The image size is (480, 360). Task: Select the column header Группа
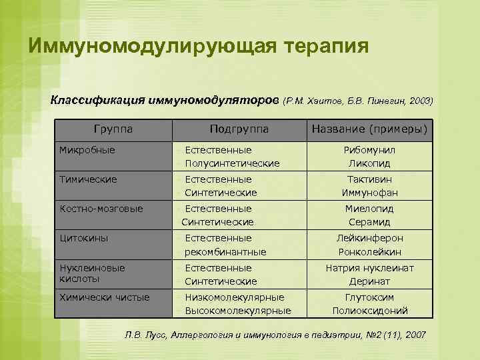[113, 129]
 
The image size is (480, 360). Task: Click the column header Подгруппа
[239, 129]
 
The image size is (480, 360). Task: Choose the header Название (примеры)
[369, 129]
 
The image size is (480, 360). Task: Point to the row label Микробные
[87, 150]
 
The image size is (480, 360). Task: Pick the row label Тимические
[88, 179]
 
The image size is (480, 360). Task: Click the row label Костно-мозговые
[101, 209]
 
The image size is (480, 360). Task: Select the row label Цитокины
[84, 238]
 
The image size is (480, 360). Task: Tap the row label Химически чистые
[105, 297]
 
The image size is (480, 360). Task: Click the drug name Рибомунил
[369, 150]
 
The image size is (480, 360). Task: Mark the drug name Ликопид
[369, 163]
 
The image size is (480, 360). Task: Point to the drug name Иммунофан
[369, 193]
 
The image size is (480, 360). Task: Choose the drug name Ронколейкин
[369, 252]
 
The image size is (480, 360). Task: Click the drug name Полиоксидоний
[369, 311]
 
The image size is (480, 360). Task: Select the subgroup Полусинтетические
[232, 163]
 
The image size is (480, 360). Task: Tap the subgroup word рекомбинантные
[225, 252]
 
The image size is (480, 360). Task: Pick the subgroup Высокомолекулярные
[238, 311]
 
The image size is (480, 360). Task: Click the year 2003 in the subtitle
[421, 101]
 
